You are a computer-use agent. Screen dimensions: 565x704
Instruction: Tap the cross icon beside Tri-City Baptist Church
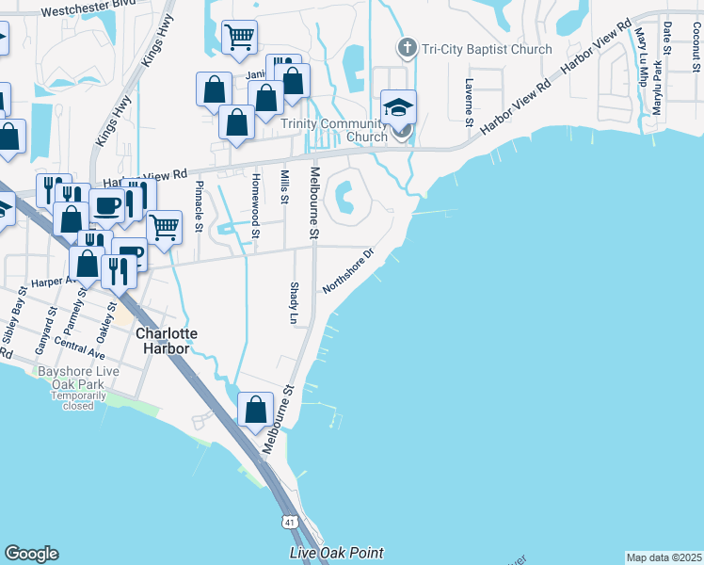tap(408, 47)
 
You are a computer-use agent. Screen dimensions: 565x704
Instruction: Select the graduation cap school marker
tap(398, 108)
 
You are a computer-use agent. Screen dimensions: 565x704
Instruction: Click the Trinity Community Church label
tap(335, 130)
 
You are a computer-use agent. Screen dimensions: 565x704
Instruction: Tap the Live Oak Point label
tap(337, 553)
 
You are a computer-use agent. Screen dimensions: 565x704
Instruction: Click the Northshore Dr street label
tap(349, 271)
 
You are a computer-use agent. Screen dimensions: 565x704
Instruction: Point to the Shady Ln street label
tap(293, 302)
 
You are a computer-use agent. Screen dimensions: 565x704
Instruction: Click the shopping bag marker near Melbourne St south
tap(256, 410)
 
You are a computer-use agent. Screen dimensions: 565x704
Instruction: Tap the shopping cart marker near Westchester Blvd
tap(239, 39)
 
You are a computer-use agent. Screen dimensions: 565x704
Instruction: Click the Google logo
tap(31, 554)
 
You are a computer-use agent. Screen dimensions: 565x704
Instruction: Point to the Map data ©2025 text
tap(664, 557)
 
